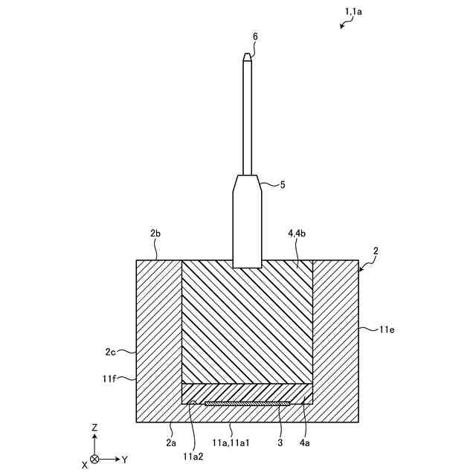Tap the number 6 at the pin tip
pos(255,36)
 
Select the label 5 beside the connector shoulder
pos(283,185)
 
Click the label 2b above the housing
pos(155,234)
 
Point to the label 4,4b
pos(296,234)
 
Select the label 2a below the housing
pos(172,443)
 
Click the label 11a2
pos(193,448)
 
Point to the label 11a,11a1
pos(231,443)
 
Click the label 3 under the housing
pos(279,443)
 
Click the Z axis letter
pos(94,428)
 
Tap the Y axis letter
pos(124,460)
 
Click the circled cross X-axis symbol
pos(94,460)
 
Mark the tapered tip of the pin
pos(248,57)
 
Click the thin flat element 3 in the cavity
pos(247,404)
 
